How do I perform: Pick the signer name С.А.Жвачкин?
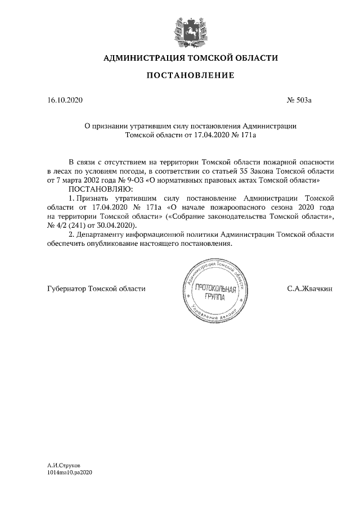(309, 289)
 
